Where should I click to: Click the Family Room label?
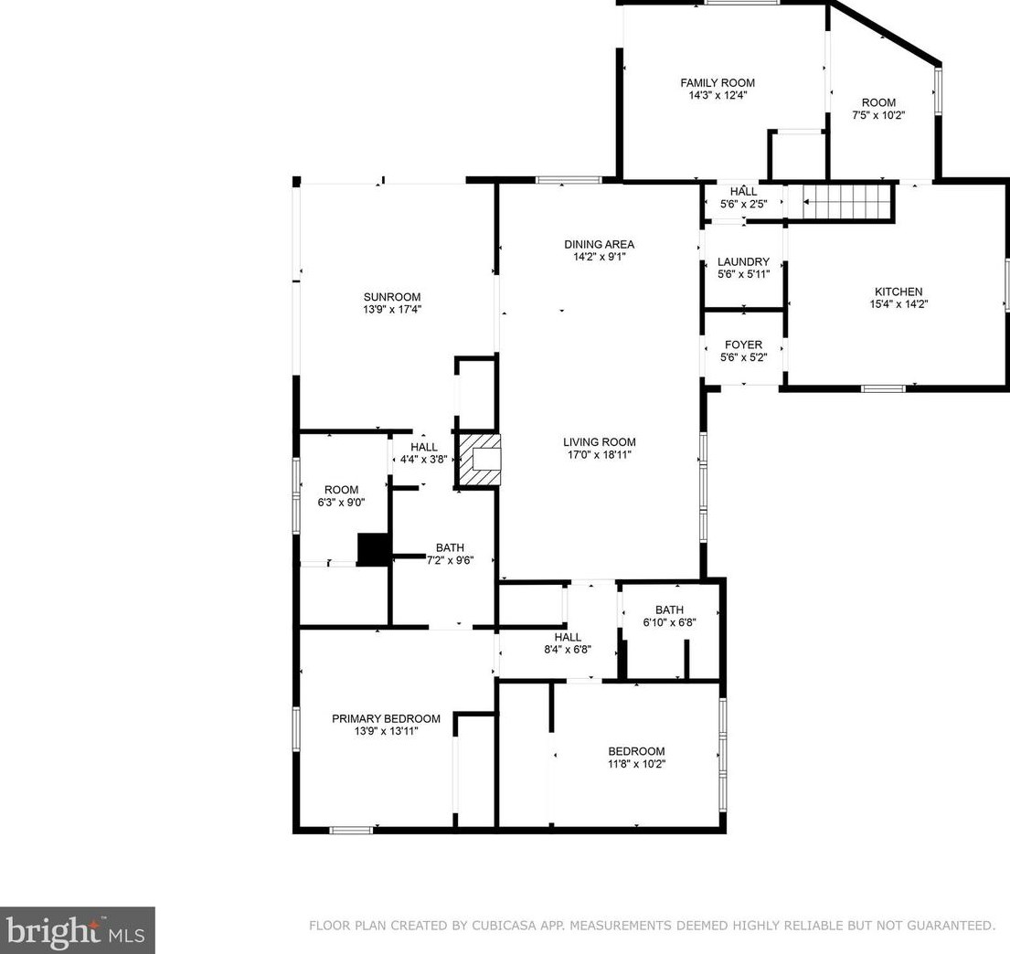coord(718,82)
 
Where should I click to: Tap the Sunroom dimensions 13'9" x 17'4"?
coord(392,309)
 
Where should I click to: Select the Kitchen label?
coord(898,291)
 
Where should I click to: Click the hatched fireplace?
coord(479,460)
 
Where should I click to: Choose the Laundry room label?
coord(743,261)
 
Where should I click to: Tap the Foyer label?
coord(743,344)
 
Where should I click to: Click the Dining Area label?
coord(599,244)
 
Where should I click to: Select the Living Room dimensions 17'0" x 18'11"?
coord(599,455)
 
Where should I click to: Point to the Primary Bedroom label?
coord(386,718)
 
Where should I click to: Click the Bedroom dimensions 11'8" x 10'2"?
coord(636,764)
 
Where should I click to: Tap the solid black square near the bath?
coord(373,549)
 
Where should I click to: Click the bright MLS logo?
coord(77,931)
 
